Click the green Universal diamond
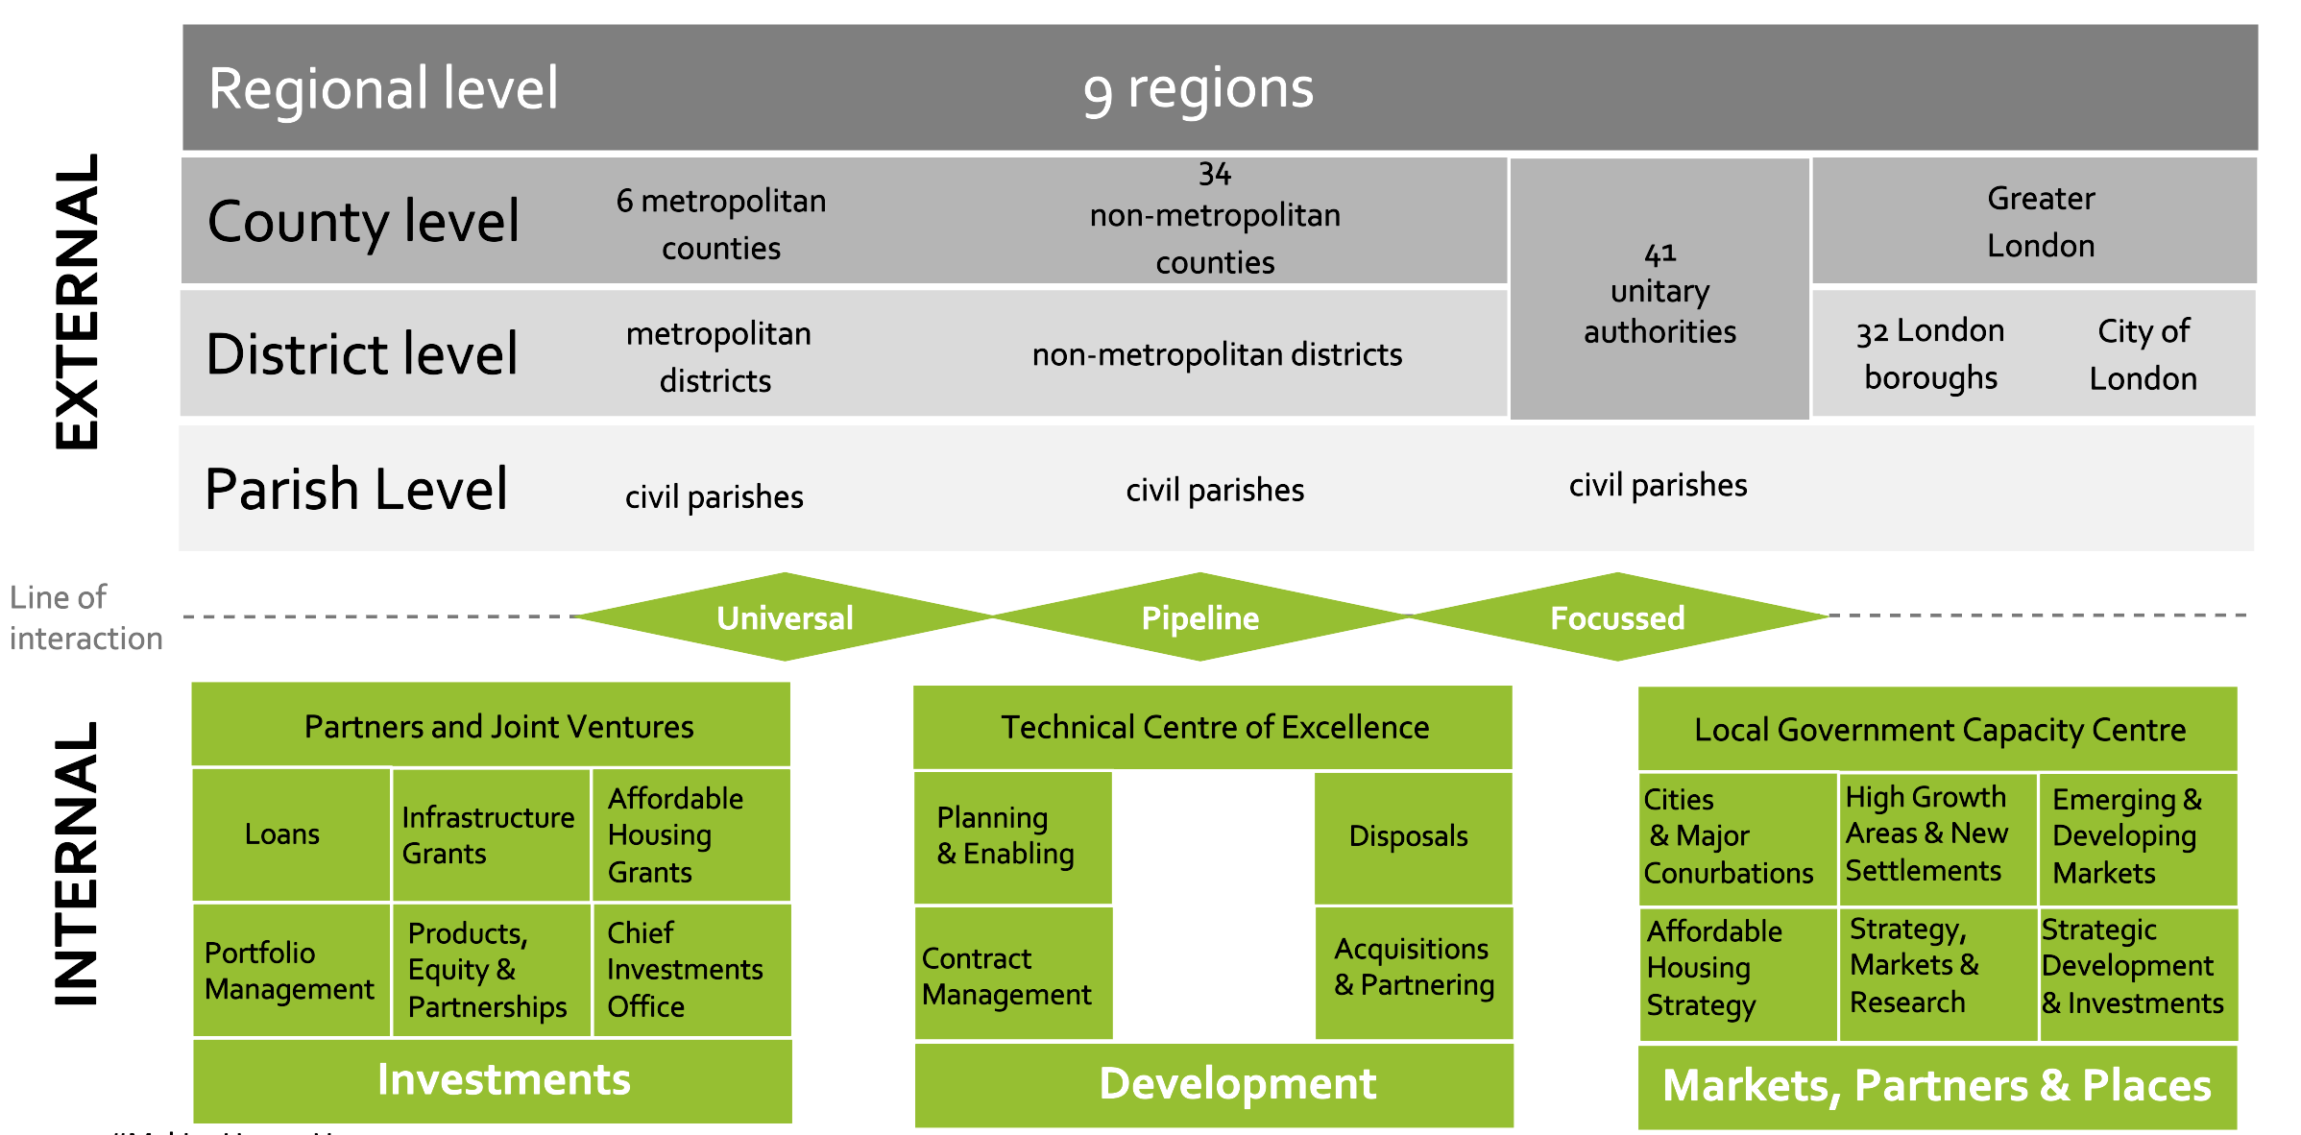(785, 617)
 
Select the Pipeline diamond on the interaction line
(1199, 617)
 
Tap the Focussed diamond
(1617, 617)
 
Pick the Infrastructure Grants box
(490, 834)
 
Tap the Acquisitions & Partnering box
(1414, 968)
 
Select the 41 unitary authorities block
(1659, 292)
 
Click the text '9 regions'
(1198, 89)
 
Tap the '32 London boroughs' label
(1930, 353)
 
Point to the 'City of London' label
(2143, 354)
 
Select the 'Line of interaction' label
(85, 617)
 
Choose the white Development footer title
(1237, 1083)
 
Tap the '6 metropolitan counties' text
(721, 224)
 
